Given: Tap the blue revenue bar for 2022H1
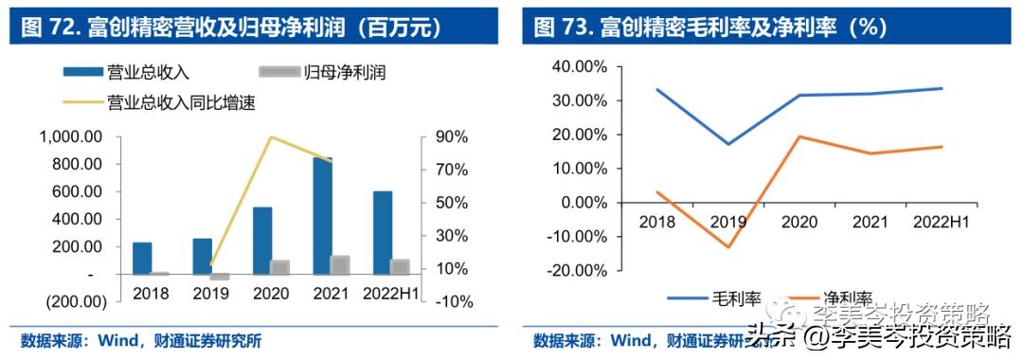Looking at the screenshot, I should (383, 232).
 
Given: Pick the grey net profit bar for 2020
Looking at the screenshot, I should (279, 267).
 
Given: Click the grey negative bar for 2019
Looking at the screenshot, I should (220, 277).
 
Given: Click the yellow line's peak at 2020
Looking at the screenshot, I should (272, 137).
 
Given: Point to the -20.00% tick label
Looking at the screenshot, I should (576, 270).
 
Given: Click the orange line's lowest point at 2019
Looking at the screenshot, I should (728, 247).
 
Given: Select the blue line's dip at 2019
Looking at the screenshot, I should (728, 144).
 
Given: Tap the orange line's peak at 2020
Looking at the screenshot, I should (799, 136).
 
